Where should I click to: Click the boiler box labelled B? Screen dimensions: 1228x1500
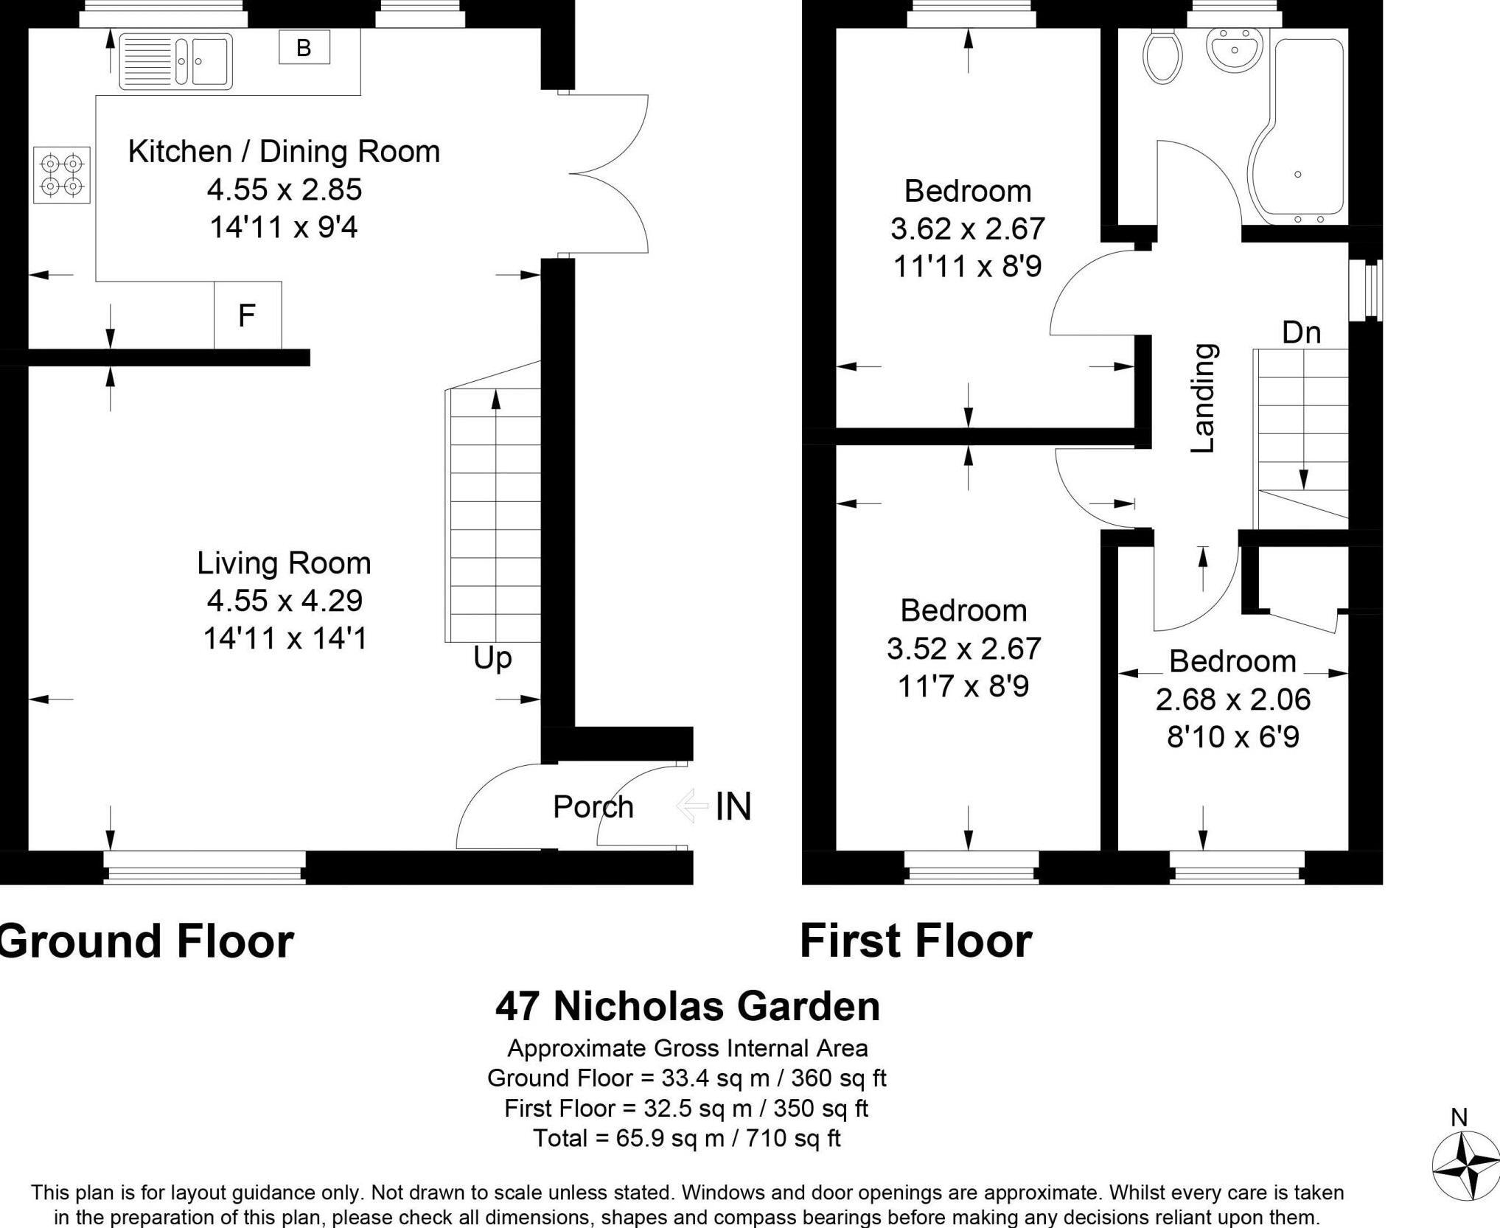click(x=304, y=48)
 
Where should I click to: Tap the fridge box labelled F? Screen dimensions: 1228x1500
click(x=247, y=315)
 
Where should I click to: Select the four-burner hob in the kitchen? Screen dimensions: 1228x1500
click(x=62, y=175)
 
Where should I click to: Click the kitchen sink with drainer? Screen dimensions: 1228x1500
click(x=176, y=61)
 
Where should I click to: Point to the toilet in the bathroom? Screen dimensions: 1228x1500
click(x=1162, y=55)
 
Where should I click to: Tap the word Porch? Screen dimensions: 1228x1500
click(x=593, y=807)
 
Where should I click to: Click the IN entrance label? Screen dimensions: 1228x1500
click(x=733, y=806)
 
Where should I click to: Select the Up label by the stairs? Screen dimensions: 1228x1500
click(x=492, y=657)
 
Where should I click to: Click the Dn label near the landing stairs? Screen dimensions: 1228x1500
click(x=1301, y=333)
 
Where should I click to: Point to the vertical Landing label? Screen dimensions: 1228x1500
click(x=1204, y=399)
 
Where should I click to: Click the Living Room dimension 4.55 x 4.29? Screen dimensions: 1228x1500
click(x=285, y=601)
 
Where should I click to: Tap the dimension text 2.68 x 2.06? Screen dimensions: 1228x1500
click(x=1232, y=700)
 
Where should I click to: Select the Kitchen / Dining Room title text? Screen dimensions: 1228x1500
click(x=284, y=151)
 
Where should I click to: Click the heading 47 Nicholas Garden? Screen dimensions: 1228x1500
click(x=687, y=1006)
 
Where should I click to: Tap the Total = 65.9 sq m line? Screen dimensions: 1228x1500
click(x=686, y=1138)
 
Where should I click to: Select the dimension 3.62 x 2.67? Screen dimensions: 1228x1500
click(x=967, y=228)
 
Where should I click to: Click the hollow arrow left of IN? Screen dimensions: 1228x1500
click(x=691, y=806)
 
